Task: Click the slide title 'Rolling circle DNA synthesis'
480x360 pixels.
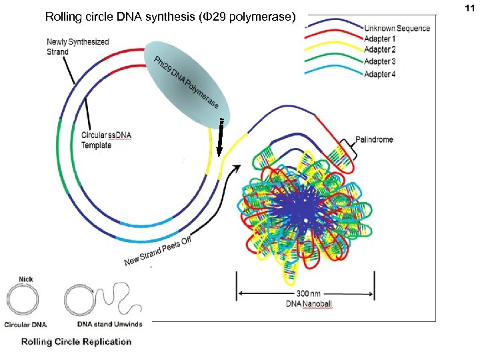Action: pos(169,16)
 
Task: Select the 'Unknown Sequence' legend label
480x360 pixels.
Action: pos(397,28)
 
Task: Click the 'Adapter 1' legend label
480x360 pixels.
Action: pos(380,39)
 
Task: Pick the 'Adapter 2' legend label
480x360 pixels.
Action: pos(380,50)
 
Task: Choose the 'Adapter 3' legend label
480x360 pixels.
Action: pos(380,61)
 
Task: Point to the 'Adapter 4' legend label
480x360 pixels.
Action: pos(380,74)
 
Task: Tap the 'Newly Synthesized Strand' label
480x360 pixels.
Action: pos(77,47)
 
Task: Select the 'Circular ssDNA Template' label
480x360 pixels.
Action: pos(106,140)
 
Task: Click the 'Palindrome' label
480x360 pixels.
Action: pos(374,140)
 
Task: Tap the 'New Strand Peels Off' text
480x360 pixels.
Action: pos(158,251)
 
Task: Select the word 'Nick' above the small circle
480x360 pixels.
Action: pos(26,279)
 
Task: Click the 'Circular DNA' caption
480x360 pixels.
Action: pos(25,325)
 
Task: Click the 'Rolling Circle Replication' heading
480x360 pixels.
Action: pos(76,342)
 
